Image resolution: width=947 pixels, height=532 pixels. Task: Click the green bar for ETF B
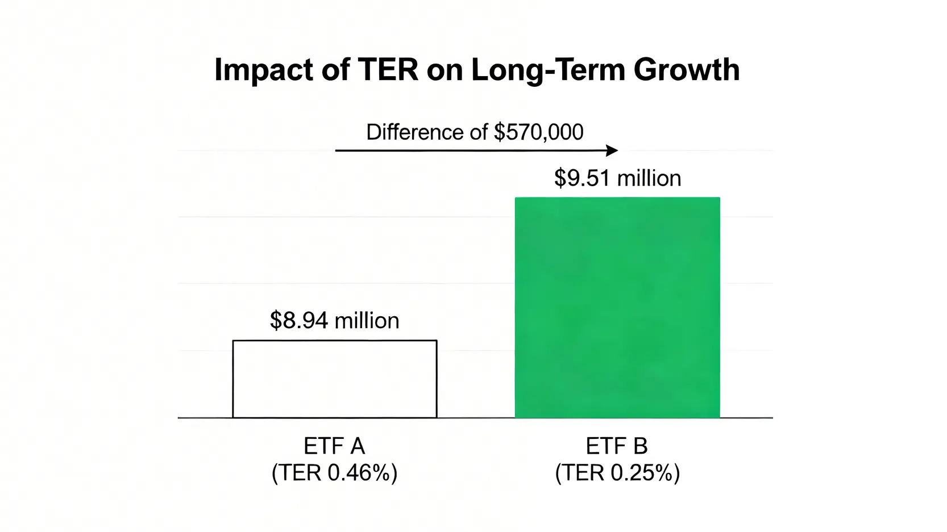coord(617,307)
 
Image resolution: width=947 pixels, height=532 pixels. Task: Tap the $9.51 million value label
coord(618,178)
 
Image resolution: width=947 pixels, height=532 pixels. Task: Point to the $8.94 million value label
coord(334,320)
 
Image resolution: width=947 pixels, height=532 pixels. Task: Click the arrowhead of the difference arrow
coord(612,150)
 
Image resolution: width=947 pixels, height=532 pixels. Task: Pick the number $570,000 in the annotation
coord(539,133)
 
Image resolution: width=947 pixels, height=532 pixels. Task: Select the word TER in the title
coord(388,70)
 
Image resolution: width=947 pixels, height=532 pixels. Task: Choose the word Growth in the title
coord(687,70)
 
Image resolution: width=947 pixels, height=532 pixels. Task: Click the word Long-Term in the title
coord(548,70)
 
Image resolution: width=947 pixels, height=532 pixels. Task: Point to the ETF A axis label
coord(334,446)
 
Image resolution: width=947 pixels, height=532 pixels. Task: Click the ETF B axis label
coord(616,446)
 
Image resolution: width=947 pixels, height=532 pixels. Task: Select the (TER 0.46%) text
coord(334,472)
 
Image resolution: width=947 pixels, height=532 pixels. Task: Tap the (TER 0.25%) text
coord(617,472)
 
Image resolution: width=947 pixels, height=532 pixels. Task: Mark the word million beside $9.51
coord(649,178)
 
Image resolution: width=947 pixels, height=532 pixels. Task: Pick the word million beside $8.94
coord(367,320)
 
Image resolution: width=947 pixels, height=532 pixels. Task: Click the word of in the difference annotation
coord(479,132)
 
